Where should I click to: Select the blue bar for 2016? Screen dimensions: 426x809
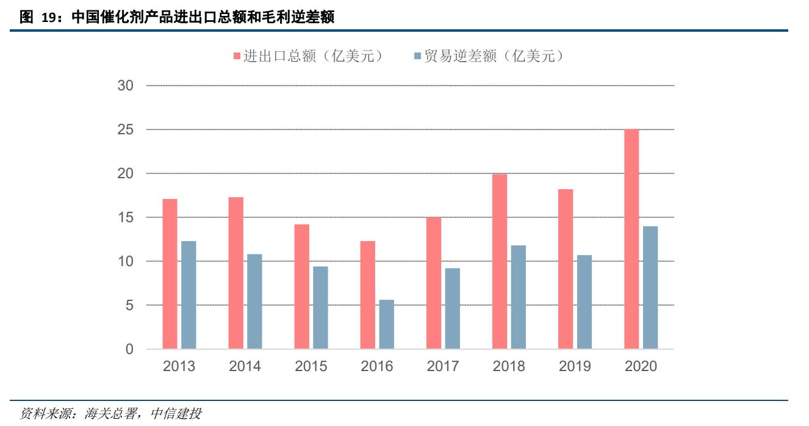pos(386,324)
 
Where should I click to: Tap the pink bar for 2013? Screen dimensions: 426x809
pos(170,274)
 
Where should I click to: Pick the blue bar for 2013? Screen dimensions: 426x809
pos(189,295)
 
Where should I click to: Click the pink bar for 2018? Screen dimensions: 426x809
pos(499,261)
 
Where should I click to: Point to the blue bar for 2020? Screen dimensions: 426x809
pos(650,287)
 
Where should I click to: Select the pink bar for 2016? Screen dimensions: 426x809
pos(367,295)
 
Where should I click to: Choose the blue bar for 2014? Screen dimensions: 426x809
pos(254,301)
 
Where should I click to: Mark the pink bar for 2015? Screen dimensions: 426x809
pos(301,287)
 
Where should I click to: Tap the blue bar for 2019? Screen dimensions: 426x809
pos(584,302)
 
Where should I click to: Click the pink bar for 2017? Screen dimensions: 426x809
pos(433,283)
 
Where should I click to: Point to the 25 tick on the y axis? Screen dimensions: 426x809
pos(126,130)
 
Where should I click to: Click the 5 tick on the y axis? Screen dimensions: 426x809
pos(129,305)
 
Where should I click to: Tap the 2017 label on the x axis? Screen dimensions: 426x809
pos(443,366)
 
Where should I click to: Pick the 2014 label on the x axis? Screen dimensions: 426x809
pos(245,366)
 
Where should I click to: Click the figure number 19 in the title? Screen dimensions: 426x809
pos(49,18)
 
